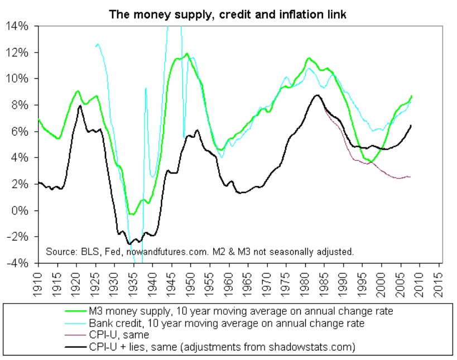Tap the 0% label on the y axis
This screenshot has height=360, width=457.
point(23,210)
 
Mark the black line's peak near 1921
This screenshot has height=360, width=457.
point(80,105)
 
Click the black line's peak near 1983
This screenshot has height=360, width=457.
point(318,95)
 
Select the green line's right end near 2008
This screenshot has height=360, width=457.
point(412,96)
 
